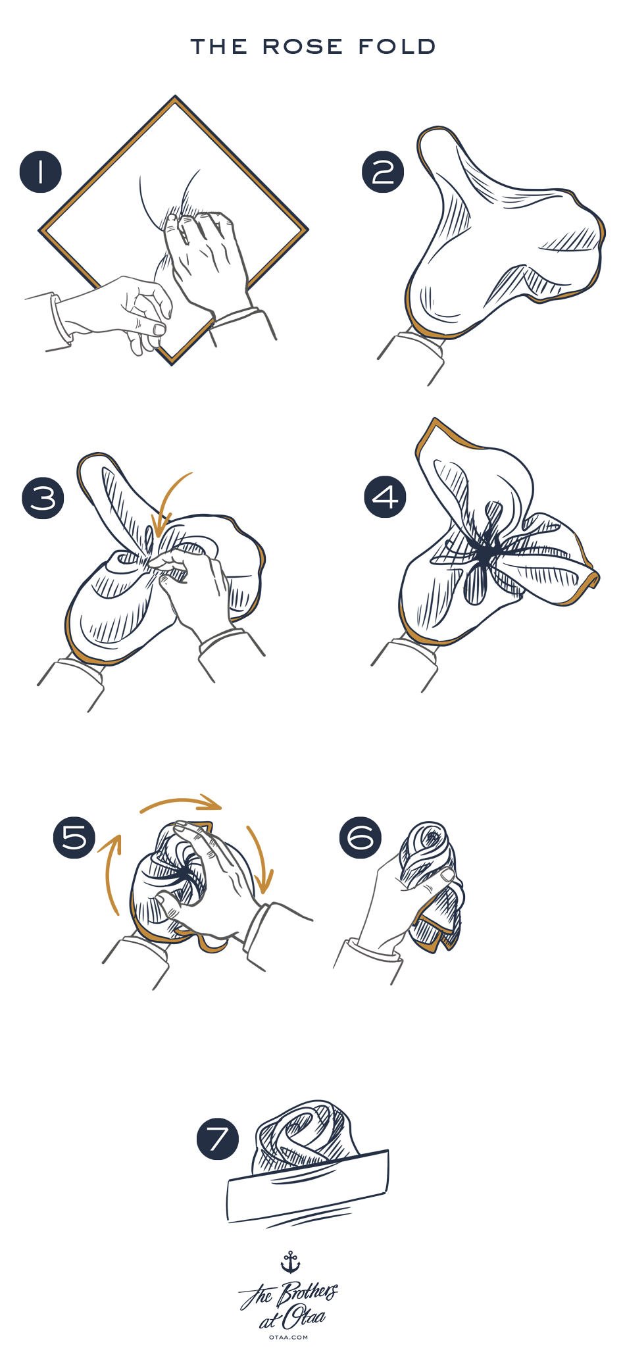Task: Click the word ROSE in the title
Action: pyautogui.click(x=303, y=47)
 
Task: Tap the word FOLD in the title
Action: pyautogui.click(x=397, y=47)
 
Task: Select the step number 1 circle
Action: pyautogui.click(x=40, y=172)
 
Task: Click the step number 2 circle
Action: pyautogui.click(x=383, y=172)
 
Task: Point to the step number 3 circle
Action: pyautogui.click(x=43, y=497)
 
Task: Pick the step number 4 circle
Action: pyautogui.click(x=386, y=497)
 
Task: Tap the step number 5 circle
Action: pyautogui.click(x=74, y=838)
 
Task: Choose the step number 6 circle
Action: pyautogui.click(x=361, y=838)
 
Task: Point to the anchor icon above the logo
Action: pyautogui.click(x=290, y=1262)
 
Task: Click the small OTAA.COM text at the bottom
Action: pyautogui.click(x=288, y=1337)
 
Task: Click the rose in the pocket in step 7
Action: pyautogui.click(x=306, y=1137)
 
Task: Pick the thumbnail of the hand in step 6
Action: pyautogui.click(x=447, y=875)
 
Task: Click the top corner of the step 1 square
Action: pyautogui.click(x=175, y=97)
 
